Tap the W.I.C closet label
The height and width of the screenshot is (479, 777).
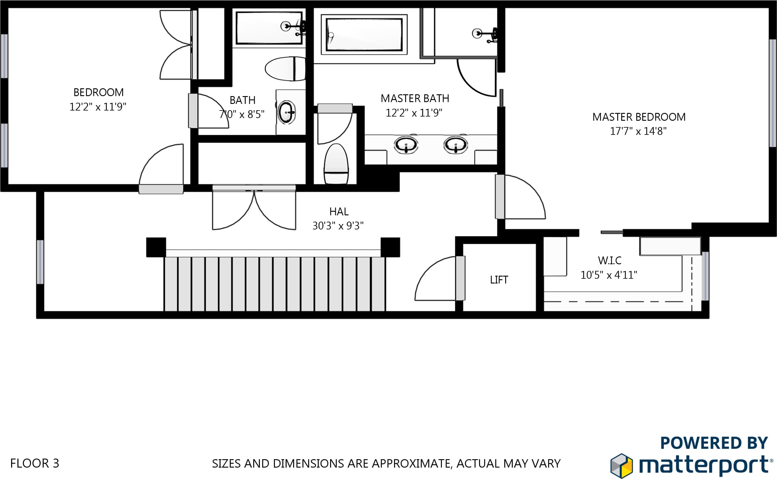tap(609, 260)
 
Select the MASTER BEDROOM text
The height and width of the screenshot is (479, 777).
tap(639, 117)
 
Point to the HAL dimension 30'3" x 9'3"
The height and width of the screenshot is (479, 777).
tap(338, 226)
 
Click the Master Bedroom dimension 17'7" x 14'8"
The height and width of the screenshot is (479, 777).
tap(638, 131)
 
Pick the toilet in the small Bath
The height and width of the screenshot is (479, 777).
tap(285, 69)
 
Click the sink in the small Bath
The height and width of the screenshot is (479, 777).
tap(287, 112)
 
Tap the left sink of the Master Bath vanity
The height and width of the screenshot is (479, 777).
tap(406, 145)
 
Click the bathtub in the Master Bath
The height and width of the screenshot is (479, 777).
tap(364, 35)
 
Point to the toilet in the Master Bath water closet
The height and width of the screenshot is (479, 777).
tap(336, 164)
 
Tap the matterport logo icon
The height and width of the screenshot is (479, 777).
tap(621, 465)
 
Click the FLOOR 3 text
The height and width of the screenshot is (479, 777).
tap(35, 463)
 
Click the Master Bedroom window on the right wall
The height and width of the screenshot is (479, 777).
tap(773, 93)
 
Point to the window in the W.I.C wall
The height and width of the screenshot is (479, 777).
tap(705, 276)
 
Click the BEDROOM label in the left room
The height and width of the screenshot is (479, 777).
tap(99, 92)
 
